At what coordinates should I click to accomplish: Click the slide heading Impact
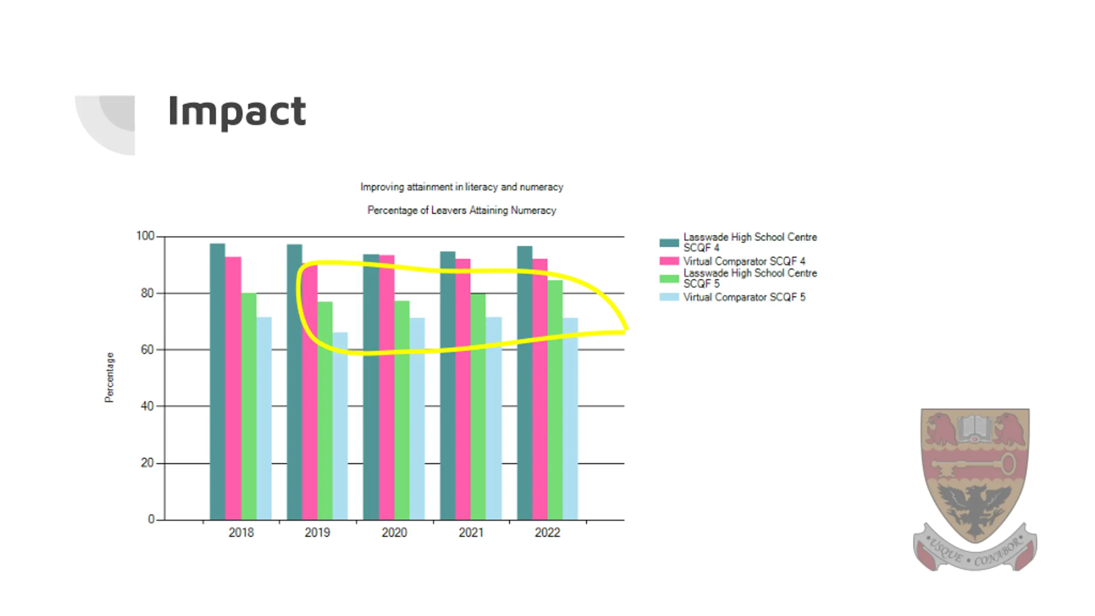[237, 111]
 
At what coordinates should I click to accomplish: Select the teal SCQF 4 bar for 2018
[217, 381]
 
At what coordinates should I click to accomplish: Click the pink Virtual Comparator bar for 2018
[233, 387]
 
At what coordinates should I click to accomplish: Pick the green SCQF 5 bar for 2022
[555, 400]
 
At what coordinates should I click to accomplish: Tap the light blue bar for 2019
[340, 426]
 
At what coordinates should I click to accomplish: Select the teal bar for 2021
[447, 385]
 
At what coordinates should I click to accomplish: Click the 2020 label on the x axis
[394, 533]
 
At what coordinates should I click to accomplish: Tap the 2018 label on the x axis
[241, 533]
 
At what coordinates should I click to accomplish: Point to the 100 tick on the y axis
[145, 236]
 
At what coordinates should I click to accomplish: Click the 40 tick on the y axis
[147, 406]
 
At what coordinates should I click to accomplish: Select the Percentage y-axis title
[109, 377]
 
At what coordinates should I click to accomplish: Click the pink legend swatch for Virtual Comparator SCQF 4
[669, 261]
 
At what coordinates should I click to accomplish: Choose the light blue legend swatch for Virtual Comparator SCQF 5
[669, 297]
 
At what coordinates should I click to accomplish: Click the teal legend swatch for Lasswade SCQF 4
[669, 243]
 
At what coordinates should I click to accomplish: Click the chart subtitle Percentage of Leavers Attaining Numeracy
[462, 210]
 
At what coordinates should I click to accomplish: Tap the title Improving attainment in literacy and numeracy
[462, 187]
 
